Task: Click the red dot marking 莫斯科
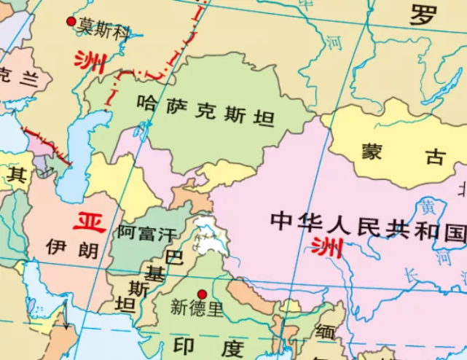[71, 22]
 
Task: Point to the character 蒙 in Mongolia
[372, 152]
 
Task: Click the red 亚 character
[90, 220]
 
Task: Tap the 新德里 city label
[196, 308]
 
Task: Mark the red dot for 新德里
[202, 294]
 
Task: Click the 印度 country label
[211, 345]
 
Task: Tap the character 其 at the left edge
[16, 175]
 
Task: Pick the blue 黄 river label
[427, 206]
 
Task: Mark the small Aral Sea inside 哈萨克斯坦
[142, 130]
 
